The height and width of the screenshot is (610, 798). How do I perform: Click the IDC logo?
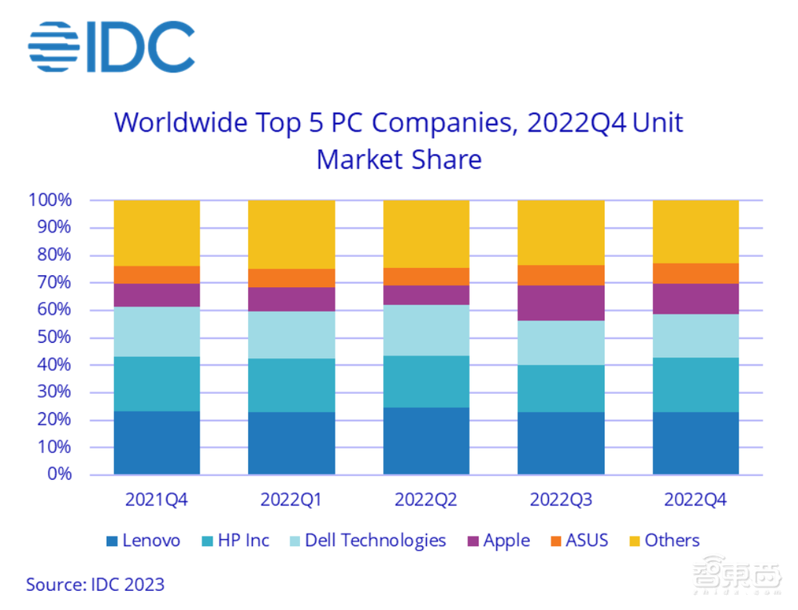111,48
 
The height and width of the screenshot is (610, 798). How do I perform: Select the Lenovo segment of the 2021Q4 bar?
157,443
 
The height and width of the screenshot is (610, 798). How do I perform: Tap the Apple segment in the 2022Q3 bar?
561,303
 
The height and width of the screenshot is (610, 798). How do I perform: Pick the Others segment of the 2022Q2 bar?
426,234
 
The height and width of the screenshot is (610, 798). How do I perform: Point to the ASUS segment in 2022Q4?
696,274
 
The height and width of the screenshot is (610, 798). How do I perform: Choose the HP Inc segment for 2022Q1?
291,385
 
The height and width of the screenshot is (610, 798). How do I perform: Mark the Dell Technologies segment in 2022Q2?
426,330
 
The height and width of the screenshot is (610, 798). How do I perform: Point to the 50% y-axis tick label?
54,337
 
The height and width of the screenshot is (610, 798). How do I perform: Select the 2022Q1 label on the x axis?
291,500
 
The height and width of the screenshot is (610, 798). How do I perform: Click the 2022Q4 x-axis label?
696,500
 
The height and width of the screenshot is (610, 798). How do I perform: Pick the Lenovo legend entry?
144,541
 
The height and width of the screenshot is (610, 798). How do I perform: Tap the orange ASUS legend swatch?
553,541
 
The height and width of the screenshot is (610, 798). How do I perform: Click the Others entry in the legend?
664,541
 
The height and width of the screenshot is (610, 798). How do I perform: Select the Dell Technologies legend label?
375,541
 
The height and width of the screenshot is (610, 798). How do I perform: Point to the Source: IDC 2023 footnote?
95,584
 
